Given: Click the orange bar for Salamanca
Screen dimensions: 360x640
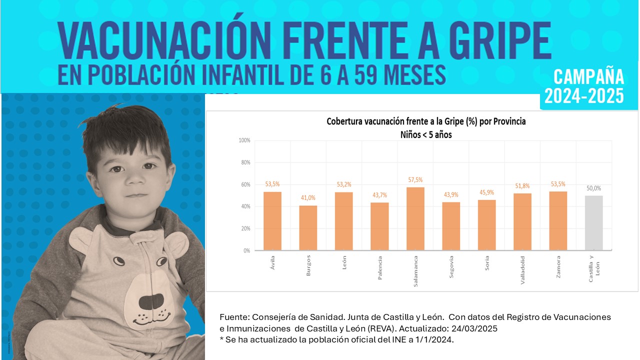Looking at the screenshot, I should coord(415,218).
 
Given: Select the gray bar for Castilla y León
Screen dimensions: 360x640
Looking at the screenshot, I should coord(593,222).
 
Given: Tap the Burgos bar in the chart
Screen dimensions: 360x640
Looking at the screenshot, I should coord(308,227).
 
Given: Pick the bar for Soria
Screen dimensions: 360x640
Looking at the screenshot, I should coord(486,225).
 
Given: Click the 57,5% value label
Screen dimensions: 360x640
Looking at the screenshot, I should coord(415,179).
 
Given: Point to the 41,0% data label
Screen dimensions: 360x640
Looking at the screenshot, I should coord(308,198).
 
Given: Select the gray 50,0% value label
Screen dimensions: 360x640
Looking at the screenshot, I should coord(593,188).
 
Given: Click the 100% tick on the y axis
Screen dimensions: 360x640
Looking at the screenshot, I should coord(244,140).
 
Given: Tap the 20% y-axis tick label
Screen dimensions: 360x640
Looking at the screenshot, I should coord(245,228).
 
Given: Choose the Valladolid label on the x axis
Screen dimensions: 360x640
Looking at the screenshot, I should coord(522,270).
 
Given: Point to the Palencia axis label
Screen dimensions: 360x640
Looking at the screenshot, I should coord(380,268).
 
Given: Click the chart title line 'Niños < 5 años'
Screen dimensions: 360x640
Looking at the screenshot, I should coord(426,134).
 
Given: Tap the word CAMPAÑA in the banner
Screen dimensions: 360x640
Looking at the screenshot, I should coord(588,77).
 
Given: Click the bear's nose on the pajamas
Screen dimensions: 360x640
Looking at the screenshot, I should coord(151,301).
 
